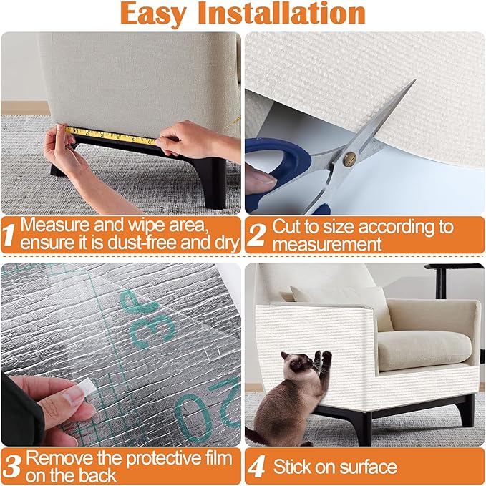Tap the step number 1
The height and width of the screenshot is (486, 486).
[9, 234]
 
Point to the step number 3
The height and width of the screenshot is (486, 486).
[11, 466]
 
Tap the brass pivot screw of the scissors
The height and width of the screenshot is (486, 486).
[352, 156]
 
